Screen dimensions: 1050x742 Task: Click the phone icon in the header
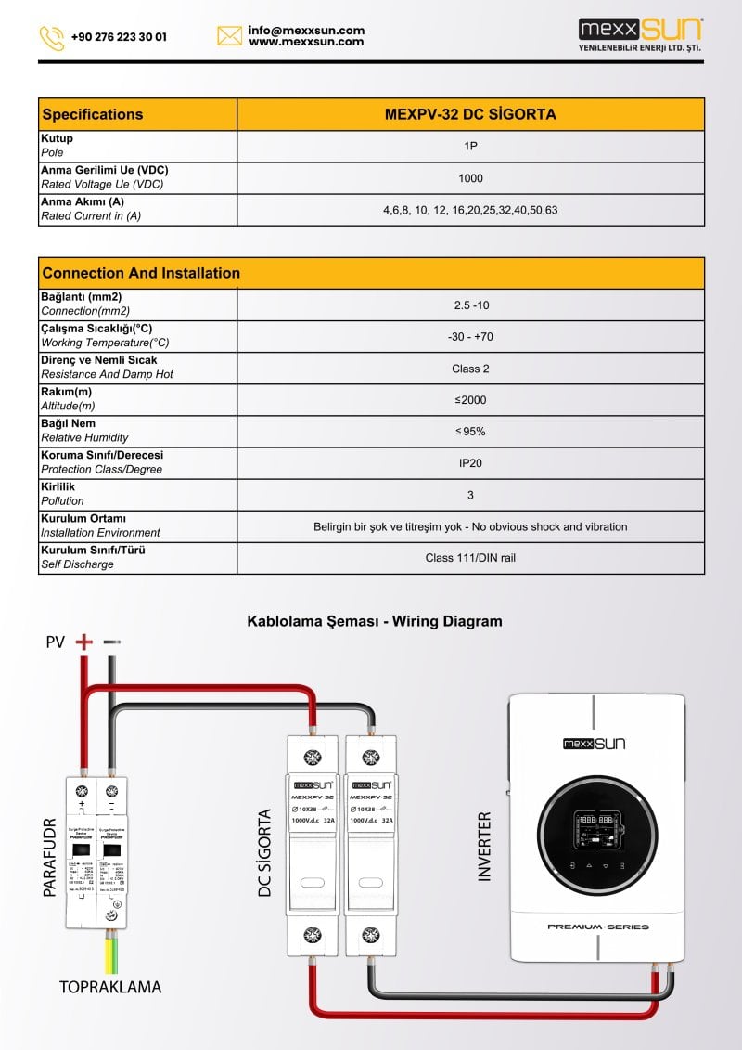click(x=51, y=38)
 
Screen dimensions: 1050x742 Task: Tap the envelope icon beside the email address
click(x=229, y=36)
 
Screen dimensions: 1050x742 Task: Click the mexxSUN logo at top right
click(x=640, y=34)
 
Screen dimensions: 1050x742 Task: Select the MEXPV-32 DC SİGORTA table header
click(x=470, y=114)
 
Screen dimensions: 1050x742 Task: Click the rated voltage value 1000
click(x=470, y=178)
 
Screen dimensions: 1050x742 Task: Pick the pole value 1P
click(x=470, y=146)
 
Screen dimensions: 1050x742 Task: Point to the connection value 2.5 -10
click(x=470, y=305)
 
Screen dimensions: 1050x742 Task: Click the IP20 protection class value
click(x=470, y=462)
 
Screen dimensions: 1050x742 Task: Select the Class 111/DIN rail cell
click(x=470, y=558)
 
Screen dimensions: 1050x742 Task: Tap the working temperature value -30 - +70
click(x=470, y=336)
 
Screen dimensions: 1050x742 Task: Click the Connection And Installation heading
click(x=141, y=273)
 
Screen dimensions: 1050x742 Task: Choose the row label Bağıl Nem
click(x=68, y=423)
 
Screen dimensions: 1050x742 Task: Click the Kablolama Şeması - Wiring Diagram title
click(x=374, y=621)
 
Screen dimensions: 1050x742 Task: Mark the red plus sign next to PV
click(x=84, y=642)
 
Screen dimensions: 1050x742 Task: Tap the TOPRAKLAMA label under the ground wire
click(x=110, y=987)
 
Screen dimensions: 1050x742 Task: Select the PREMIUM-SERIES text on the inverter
click(x=597, y=927)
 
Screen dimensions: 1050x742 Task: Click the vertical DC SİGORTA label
click(x=265, y=852)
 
